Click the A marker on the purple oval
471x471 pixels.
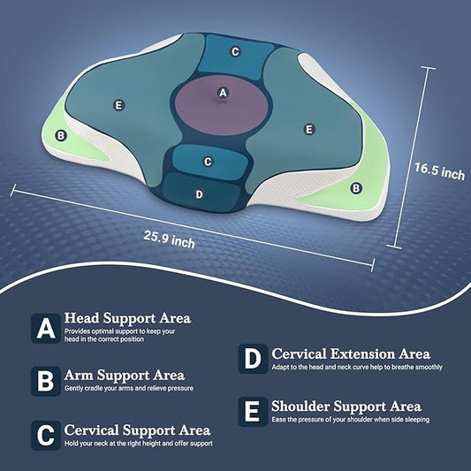(223, 93)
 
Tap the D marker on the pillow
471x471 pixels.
(199, 194)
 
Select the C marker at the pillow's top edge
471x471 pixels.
(235, 51)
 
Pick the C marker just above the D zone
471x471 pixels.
(208, 162)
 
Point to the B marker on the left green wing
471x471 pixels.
(61, 136)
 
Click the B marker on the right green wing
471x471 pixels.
(356, 188)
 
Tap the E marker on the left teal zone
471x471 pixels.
(119, 105)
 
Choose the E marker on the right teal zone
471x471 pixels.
(308, 130)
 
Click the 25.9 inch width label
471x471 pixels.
(169, 239)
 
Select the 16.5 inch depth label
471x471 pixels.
(439, 171)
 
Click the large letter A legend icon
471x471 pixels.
(46, 329)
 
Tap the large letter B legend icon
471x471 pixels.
(46, 381)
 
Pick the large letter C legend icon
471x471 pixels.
(46, 436)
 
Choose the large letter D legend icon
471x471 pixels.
(253, 359)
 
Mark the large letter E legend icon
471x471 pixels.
(253, 412)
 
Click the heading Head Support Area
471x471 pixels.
(127, 318)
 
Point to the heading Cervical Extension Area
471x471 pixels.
(351, 353)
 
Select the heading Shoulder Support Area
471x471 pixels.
(346, 406)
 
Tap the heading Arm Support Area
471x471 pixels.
(125, 376)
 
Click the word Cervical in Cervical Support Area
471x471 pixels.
(91, 430)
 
